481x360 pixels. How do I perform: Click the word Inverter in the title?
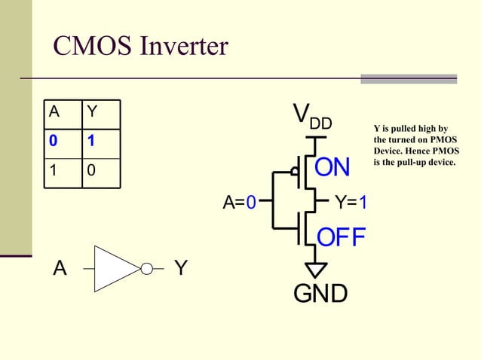(x=184, y=47)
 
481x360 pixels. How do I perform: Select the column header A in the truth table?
(x=54, y=112)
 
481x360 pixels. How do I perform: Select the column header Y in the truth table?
(x=92, y=112)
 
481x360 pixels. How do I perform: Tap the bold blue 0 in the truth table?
(x=54, y=141)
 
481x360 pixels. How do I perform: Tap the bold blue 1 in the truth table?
(x=91, y=141)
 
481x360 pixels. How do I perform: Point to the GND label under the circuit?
(x=320, y=293)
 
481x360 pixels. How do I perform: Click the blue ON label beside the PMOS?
(x=332, y=167)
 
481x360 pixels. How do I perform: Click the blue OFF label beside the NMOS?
(x=341, y=237)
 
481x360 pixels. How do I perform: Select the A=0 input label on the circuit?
(x=240, y=203)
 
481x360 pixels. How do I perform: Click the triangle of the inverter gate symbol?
(x=115, y=268)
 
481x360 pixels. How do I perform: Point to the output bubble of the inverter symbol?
(x=147, y=268)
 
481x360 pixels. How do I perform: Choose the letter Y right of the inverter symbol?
(x=181, y=268)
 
